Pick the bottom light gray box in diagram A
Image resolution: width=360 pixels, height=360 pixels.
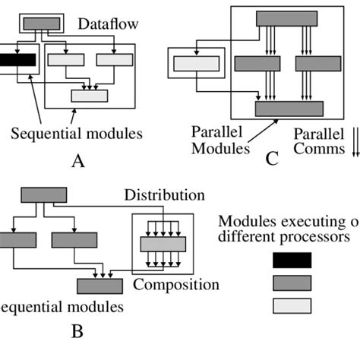click(x=89, y=96)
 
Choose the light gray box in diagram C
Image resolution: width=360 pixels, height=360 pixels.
click(x=194, y=65)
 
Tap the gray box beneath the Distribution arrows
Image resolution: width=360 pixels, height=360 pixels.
click(x=163, y=244)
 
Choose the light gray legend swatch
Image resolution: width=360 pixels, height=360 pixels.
click(x=292, y=306)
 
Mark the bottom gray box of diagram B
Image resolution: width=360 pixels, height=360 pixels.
click(x=99, y=286)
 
